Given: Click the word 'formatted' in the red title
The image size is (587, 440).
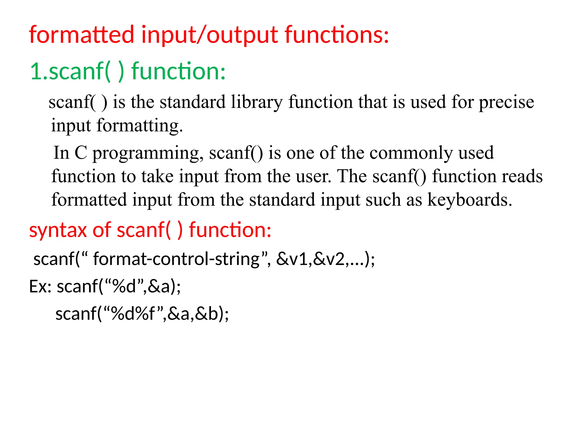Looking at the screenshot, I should [x=81, y=35].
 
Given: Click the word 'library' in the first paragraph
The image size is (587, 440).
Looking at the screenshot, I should [x=257, y=102].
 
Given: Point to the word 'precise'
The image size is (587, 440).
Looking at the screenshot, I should [x=506, y=102].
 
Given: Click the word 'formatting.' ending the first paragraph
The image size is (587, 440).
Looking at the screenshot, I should [x=140, y=126].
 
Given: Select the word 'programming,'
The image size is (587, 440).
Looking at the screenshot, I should [x=148, y=153].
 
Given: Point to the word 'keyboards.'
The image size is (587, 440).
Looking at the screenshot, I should [x=470, y=200].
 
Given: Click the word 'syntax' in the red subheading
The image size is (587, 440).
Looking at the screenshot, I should [x=58, y=230].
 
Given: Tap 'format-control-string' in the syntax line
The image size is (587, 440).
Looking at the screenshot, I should [x=176, y=259].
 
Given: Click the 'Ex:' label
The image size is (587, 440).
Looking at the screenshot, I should [x=40, y=286].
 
